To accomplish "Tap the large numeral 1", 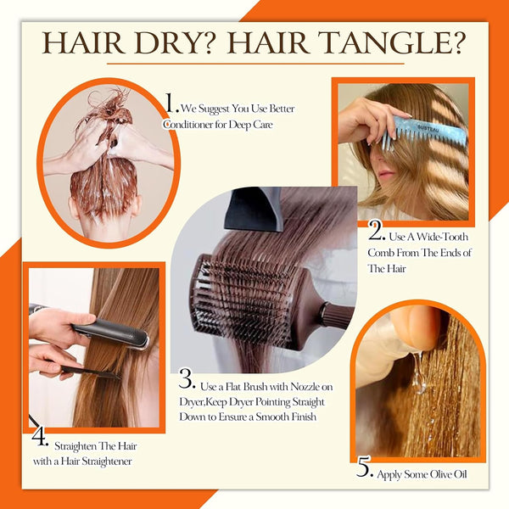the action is click(x=171, y=103).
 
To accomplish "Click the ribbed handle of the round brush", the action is click(x=337, y=313).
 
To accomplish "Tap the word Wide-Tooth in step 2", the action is click(x=442, y=237).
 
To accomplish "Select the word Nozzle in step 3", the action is click(x=305, y=386).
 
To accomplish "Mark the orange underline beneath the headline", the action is click(x=256, y=64).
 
